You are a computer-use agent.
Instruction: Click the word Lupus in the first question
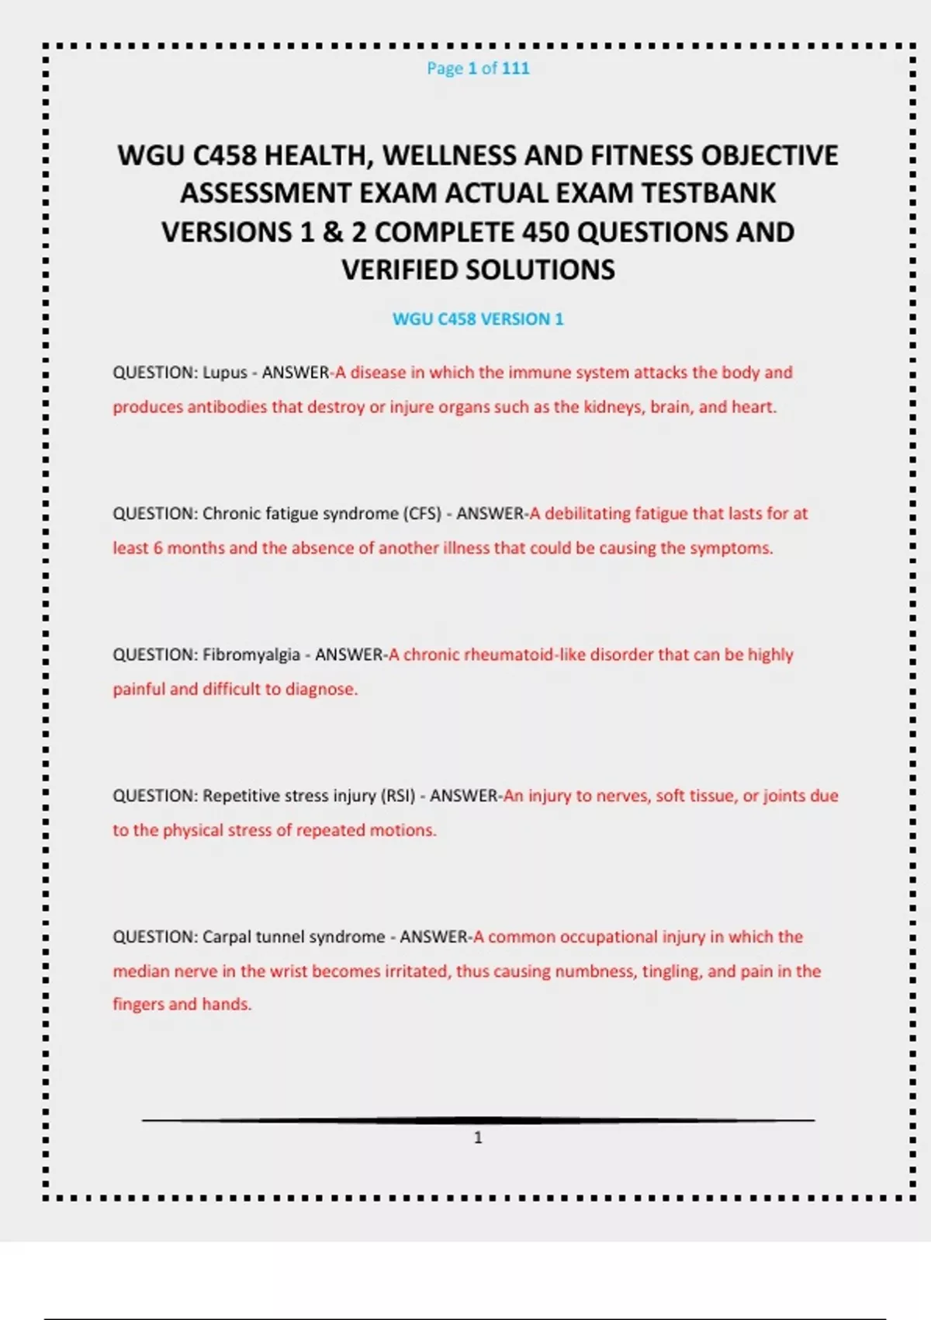pyautogui.click(x=225, y=373)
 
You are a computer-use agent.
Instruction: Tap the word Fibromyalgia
pyautogui.click(x=251, y=655)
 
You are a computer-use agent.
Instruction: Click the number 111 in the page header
pyautogui.click(x=515, y=68)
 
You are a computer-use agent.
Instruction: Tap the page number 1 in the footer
pyautogui.click(x=478, y=1138)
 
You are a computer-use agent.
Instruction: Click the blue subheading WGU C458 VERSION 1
pyautogui.click(x=478, y=319)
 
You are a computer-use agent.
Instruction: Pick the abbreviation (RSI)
pyautogui.click(x=398, y=796)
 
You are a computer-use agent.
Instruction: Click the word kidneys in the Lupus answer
pyautogui.click(x=612, y=407)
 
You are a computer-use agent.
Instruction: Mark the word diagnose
pyautogui.click(x=321, y=690)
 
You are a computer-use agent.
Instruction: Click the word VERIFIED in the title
pyautogui.click(x=400, y=270)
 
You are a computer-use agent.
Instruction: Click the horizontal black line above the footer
pyautogui.click(x=478, y=1120)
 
